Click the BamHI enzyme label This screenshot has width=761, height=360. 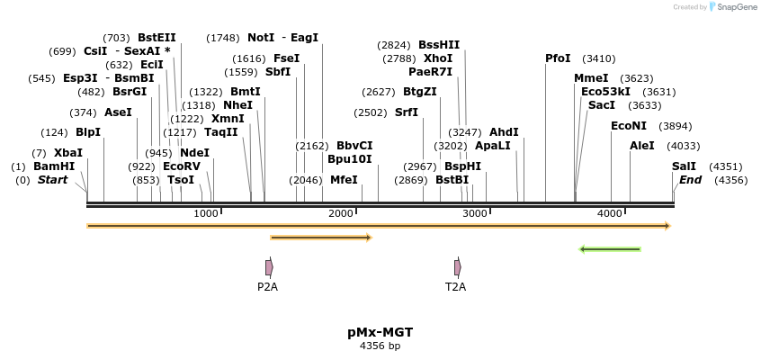click(x=54, y=166)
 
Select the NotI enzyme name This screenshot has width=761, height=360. click(x=261, y=38)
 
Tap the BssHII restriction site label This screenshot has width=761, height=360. click(x=439, y=44)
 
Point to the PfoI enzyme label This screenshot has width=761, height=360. click(x=558, y=58)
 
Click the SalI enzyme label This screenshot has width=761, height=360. click(x=684, y=166)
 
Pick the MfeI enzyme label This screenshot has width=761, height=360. click(x=344, y=180)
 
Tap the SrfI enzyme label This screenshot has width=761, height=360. click(x=407, y=112)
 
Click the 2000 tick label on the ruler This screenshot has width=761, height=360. click(x=341, y=213)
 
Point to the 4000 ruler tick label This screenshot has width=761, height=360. click(x=610, y=213)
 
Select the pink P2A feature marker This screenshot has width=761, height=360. click(x=269, y=267)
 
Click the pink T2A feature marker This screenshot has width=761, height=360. click(x=458, y=267)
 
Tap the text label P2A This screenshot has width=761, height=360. click(x=267, y=287)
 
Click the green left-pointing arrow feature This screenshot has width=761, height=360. click(x=610, y=249)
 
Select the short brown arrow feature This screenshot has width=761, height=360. click(x=321, y=238)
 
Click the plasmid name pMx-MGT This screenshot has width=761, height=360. click(x=380, y=332)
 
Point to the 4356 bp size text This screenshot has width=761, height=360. click(x=380, y=346)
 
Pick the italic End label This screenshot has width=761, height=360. click(x=690, y=180)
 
